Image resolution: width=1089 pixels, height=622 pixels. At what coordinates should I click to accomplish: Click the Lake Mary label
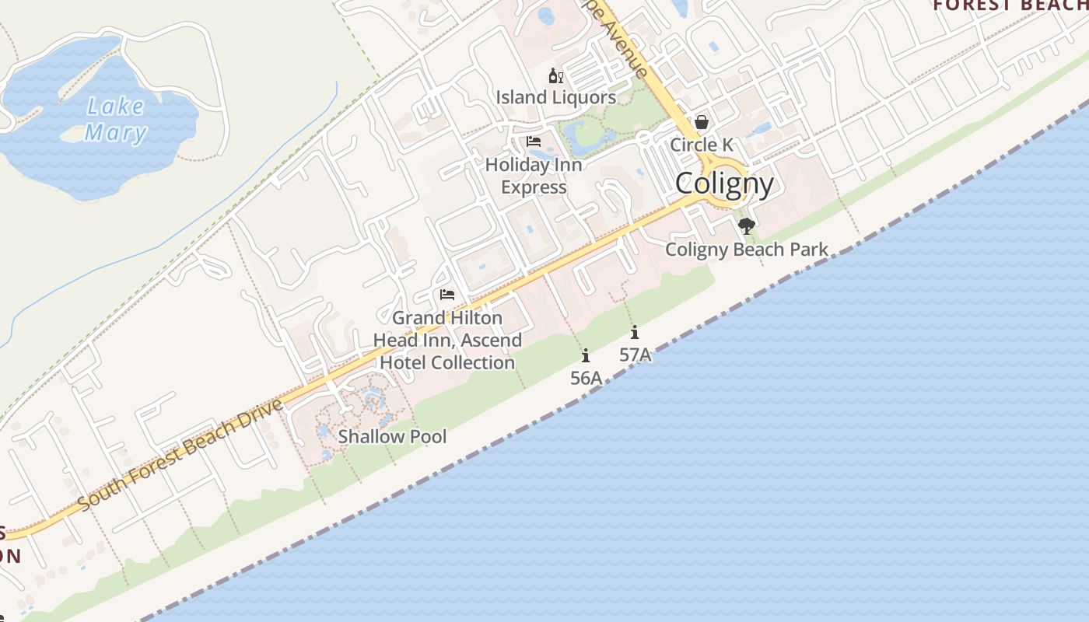tap(115, 119)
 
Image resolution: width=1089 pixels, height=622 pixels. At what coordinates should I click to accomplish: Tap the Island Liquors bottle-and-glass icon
tap(556, 75)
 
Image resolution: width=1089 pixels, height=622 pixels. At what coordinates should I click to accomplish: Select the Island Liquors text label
tap(556, 97)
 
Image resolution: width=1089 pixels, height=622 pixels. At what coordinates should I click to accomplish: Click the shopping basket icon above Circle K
tap(702, 122)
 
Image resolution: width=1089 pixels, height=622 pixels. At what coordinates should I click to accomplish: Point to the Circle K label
tap(702, 145)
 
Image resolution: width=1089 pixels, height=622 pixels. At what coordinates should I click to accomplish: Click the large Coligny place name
tap(724, 184)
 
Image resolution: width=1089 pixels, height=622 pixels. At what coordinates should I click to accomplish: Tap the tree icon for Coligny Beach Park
tap(747, 226)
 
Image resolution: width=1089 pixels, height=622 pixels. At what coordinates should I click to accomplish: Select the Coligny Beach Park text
tap(747, 250)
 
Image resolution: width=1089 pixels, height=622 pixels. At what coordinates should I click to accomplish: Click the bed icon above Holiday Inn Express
tap(534, 142)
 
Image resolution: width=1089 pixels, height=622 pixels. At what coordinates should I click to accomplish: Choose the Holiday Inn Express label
tap(534, 176)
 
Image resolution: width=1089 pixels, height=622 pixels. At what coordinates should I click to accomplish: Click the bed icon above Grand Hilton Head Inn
tap(447, 295)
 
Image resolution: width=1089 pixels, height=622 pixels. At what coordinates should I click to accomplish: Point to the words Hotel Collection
tap(447, 362)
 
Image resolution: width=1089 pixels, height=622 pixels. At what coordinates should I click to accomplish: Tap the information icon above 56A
tap(586, 355)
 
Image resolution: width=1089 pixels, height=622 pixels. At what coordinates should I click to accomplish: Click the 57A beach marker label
tap(635, 355)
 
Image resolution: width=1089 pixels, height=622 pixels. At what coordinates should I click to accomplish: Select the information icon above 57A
tap(635, 332)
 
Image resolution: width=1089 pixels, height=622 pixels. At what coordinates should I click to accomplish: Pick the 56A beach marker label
tap(586, 378)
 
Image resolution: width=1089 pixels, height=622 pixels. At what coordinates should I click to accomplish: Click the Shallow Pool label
tap(392, 436)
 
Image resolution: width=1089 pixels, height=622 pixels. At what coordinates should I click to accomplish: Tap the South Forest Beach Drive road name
tap(180, 454)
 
